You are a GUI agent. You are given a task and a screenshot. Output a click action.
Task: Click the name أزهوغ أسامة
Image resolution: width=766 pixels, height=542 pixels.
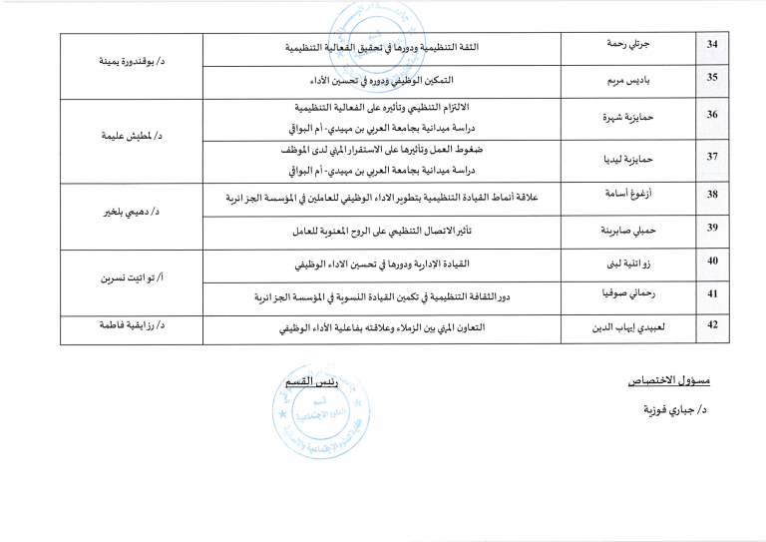[x=626, y=193]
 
